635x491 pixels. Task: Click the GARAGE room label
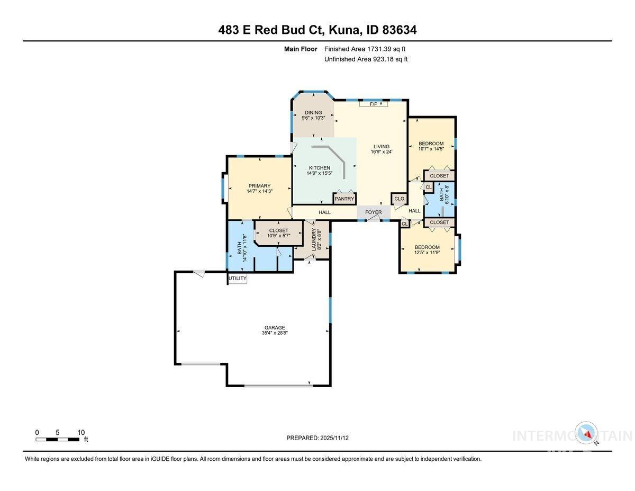click(x=274, y=327)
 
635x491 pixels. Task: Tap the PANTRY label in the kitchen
click(x=344, y=199)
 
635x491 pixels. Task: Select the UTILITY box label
click(x=237, y=278)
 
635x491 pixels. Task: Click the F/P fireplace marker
click(x=373, y=104)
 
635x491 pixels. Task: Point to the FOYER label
click(x=373, y=212)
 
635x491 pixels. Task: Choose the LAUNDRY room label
click(x=314, y=239)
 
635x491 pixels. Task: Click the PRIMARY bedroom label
click(x=259, y=186)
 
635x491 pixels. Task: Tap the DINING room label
click(x=313, y=112)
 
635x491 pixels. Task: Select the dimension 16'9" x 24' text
click(x=381, y=152)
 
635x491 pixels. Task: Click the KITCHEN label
click(x=319, y=168)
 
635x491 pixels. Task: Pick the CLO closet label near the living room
click(x=399, y=199)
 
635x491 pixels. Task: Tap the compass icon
click(x=586, y=432)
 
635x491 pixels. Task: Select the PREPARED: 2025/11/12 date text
click(x=317, y=438)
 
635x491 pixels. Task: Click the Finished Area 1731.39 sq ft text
click(x=366, y=49)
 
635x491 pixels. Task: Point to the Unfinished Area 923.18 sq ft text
click(x=366, y=59)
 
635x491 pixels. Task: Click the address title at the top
click(x=317, y=30)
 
